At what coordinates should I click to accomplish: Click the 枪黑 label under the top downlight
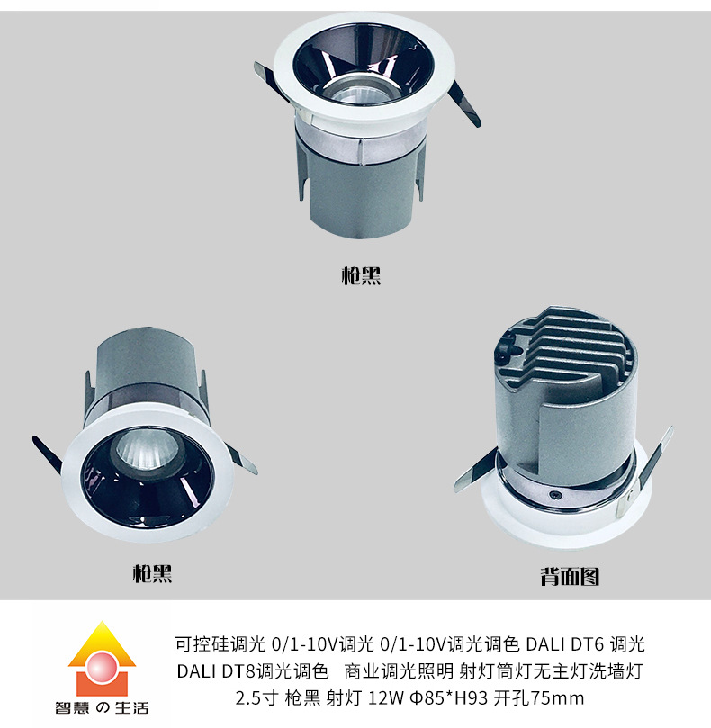pyautogui.click(x=361, y=275)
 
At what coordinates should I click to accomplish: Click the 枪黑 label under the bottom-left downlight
pyautogui.click(x=152, y=573)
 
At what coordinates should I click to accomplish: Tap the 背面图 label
pyautogui.click(x=570, y=576)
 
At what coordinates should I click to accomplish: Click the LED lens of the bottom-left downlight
pyautogui.click(x=147, y=449)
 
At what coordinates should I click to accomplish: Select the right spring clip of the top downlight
pyautogui.click(x=466, y=104)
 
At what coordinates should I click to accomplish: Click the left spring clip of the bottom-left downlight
pyautogui.click(x=48, y=454)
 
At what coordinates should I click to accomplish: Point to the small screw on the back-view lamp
pyautogui.click(x=554, y=495)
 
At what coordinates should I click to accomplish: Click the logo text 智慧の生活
pyautogui.click(x=103, y=707)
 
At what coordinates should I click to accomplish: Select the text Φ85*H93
pyautogui.click(x=448, y=697)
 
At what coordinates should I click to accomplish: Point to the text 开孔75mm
pyautogui.click(x=539, y=697)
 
